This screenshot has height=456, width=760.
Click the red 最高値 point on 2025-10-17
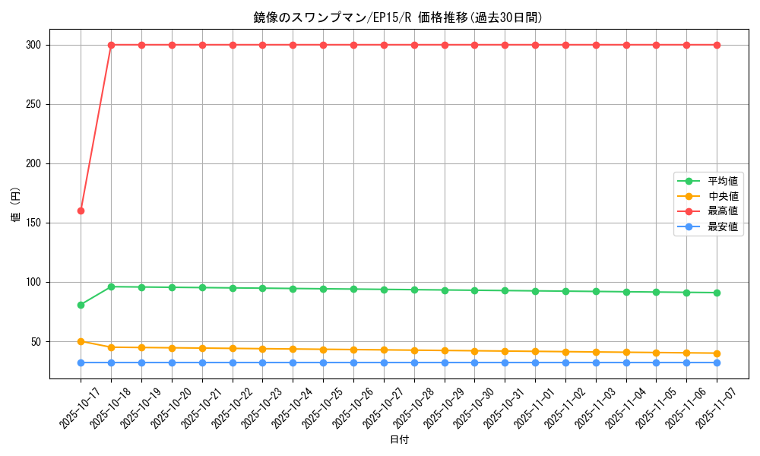tap(81, 211)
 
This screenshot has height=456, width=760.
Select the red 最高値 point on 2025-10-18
tap(111, 45)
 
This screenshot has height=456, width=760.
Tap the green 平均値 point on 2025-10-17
tap(81, 305)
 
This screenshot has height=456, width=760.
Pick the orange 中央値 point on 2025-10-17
tap(81, 341)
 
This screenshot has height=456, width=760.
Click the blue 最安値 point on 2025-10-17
tap(81, 363)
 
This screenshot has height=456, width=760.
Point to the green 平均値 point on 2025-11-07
tap(717, 293)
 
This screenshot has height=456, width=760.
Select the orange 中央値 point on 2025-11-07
tap(717, 353)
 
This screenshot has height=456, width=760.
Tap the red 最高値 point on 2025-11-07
tap(717, 45)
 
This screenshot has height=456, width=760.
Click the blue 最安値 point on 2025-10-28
tap(414, 363)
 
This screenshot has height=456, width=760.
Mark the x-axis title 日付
tap(398, 440)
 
